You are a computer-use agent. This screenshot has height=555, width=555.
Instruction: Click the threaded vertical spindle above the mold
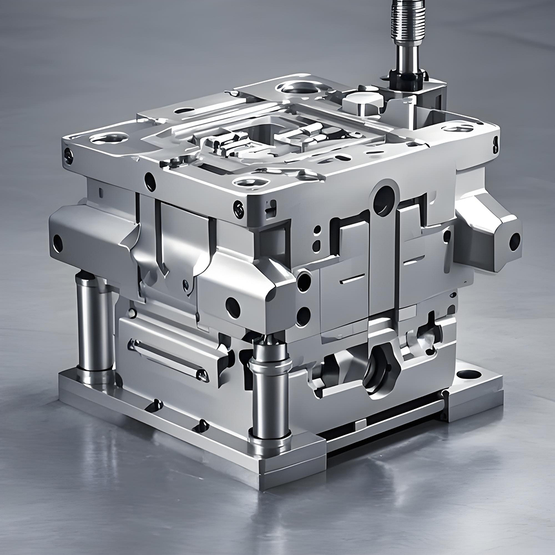[x=410, y=28]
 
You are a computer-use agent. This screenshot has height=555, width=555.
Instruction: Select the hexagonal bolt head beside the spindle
[x=362, y=102]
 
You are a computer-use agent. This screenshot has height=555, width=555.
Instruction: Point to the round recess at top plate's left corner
[x=109, y=138]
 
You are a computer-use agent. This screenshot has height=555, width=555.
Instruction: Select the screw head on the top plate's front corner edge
[x=239, y=210]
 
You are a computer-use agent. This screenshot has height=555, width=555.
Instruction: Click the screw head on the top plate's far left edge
[x=68, y=156]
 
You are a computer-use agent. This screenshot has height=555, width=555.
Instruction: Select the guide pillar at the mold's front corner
[x=270, y=389]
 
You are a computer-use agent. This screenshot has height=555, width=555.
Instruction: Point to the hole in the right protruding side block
[x=514, y=241]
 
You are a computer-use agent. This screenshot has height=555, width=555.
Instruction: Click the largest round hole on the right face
[x=384, y=200]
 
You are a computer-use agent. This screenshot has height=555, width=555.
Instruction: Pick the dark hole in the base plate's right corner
[x=469, y=374]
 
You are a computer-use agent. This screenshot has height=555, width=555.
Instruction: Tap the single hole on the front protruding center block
[x=233, y=307]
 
